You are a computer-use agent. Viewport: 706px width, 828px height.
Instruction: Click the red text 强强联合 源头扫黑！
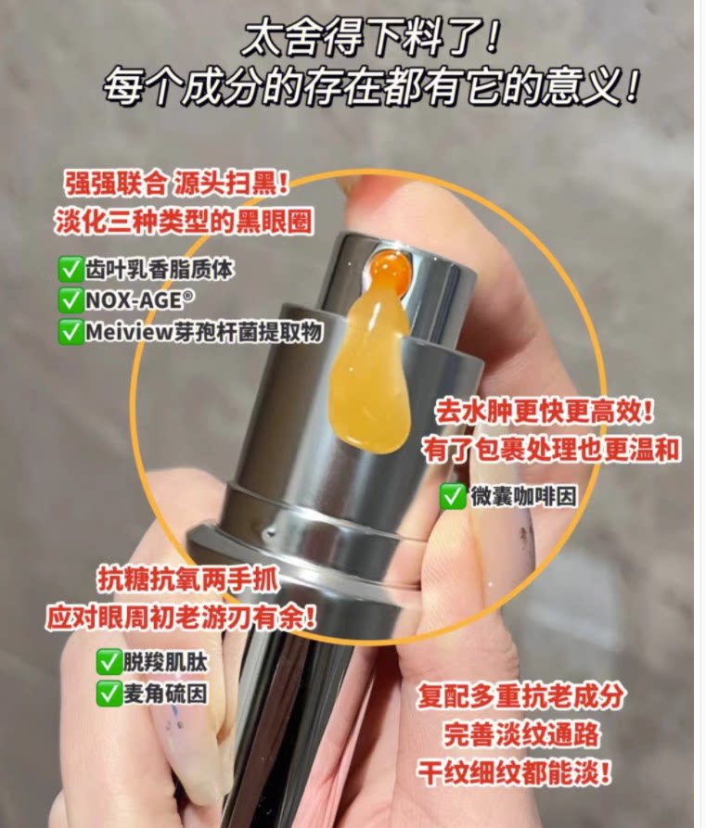click(x=177, y=183)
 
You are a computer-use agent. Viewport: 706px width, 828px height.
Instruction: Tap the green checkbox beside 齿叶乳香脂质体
click(x=70, y=270)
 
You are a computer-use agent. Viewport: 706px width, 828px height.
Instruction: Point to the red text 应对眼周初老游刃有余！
click(x=181, y=618)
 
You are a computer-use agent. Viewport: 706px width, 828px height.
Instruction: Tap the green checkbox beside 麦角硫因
click(x=108, y=693)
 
